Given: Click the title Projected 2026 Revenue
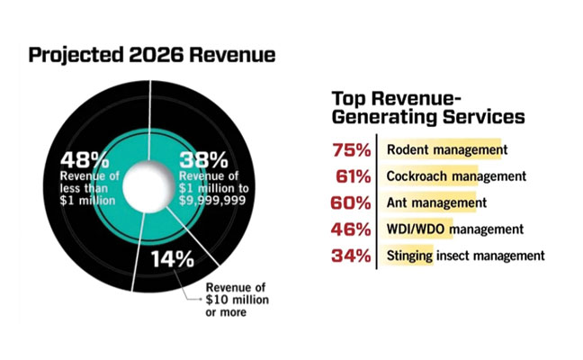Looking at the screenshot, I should (151, 55).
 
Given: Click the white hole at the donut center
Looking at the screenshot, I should (144, 187).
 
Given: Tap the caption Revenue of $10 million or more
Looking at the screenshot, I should (220, 301).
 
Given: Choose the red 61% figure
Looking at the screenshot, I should (352, 176).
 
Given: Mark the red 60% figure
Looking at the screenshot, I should (352, 202).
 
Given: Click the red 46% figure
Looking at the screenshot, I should (352, 229).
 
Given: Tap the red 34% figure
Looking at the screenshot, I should (352, 256).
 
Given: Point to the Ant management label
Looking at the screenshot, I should (430, 202).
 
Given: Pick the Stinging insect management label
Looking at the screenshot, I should (465, 256).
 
